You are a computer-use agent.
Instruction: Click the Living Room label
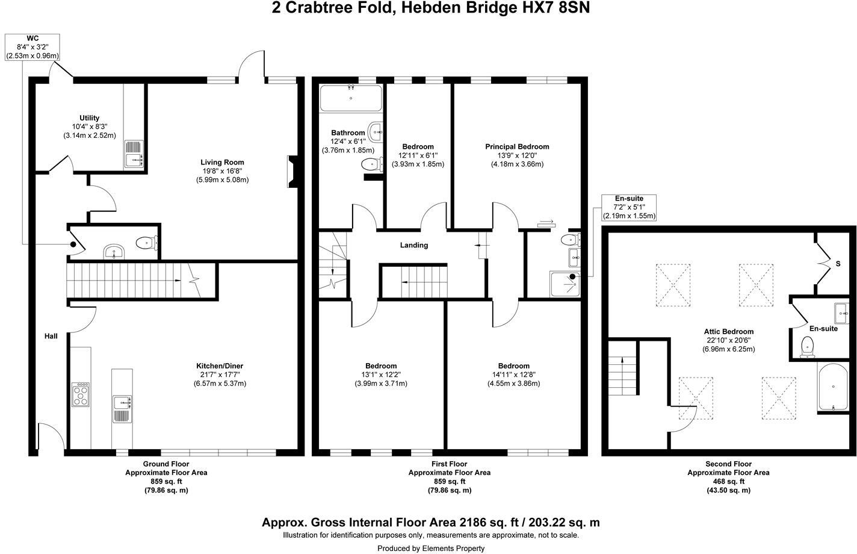coord(222,162)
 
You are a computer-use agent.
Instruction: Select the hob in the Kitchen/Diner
coord(80,394)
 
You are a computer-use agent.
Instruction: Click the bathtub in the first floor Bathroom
coord(350,98)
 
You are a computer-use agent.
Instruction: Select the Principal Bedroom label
coord(517,146)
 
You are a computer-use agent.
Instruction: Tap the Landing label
coord(414,245)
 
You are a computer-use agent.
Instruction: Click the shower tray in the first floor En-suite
coord(565,284)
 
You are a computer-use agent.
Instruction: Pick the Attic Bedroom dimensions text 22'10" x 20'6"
coord(729,340)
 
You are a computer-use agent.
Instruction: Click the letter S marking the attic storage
coord(837,263)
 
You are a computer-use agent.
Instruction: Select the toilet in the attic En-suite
coord(808,347)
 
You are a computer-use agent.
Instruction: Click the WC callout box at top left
coord(32,47)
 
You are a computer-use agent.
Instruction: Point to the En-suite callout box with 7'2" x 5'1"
coord(629,207)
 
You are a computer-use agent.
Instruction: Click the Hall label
coord(51,336)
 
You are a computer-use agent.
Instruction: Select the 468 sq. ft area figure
coord(728,482)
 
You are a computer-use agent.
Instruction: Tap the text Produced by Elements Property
coord(430,548)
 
